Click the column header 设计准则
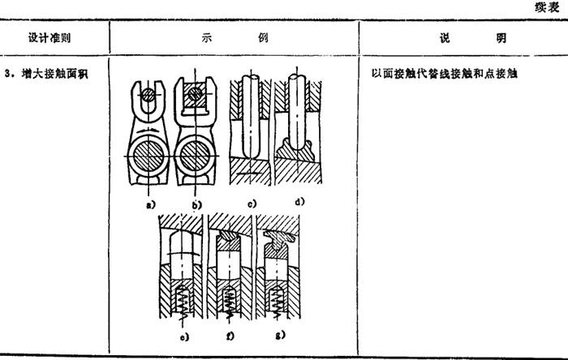[x=49, y=37]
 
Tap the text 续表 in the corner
[x=547, y=7]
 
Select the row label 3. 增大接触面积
[x=46, y=74]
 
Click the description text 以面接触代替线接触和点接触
[x=444, y=74]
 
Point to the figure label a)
[x=150, y=205]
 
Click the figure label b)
[x=196, y=205]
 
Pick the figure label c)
[x=252, y=204]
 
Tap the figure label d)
[x=299, y=202]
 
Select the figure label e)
[x=184, y=337]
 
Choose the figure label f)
[x=230, y=336]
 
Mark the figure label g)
[x=281, y=335]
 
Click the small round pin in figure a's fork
[x=148, y=95]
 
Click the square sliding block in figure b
[x=196, y=94]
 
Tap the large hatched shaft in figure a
[x=148, y=156]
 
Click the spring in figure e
[x=182, y=302]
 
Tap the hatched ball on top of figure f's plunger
[x=228, y=236]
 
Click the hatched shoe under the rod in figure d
[x=295, y=150]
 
